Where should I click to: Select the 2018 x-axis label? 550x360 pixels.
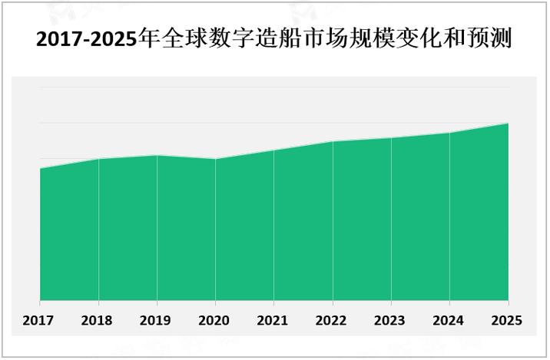pos(98,320)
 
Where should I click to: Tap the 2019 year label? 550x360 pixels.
pos(157,320)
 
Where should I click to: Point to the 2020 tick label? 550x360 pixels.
pos(215,320)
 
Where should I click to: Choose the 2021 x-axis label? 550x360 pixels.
pos(273,320)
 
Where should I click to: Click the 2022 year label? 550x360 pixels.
pos(332,320)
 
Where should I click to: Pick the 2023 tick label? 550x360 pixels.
pos(390,320)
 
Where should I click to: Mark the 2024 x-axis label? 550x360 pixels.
pos(449,320)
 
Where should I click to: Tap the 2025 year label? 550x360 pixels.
pos(507,320)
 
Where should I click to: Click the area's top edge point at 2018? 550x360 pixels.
pos(98,159)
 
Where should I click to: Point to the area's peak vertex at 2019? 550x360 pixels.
pos(157,155)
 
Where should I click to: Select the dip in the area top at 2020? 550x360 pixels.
pos(215,159)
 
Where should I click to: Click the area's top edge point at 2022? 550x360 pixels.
pos(333,142)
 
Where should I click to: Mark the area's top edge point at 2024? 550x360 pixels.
pos(449,133)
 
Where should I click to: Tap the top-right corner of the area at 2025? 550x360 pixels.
pos(508,123)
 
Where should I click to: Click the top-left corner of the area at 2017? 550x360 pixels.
pos(40,168)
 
